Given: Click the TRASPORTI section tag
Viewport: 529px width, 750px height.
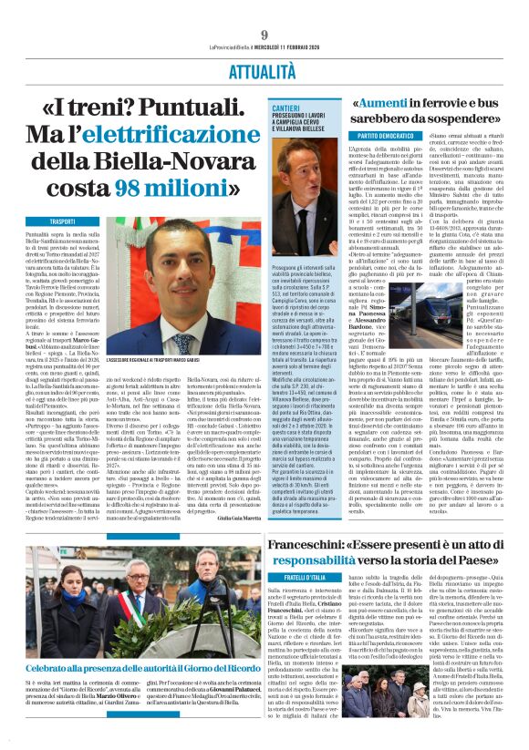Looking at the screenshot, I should click(63, 221).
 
